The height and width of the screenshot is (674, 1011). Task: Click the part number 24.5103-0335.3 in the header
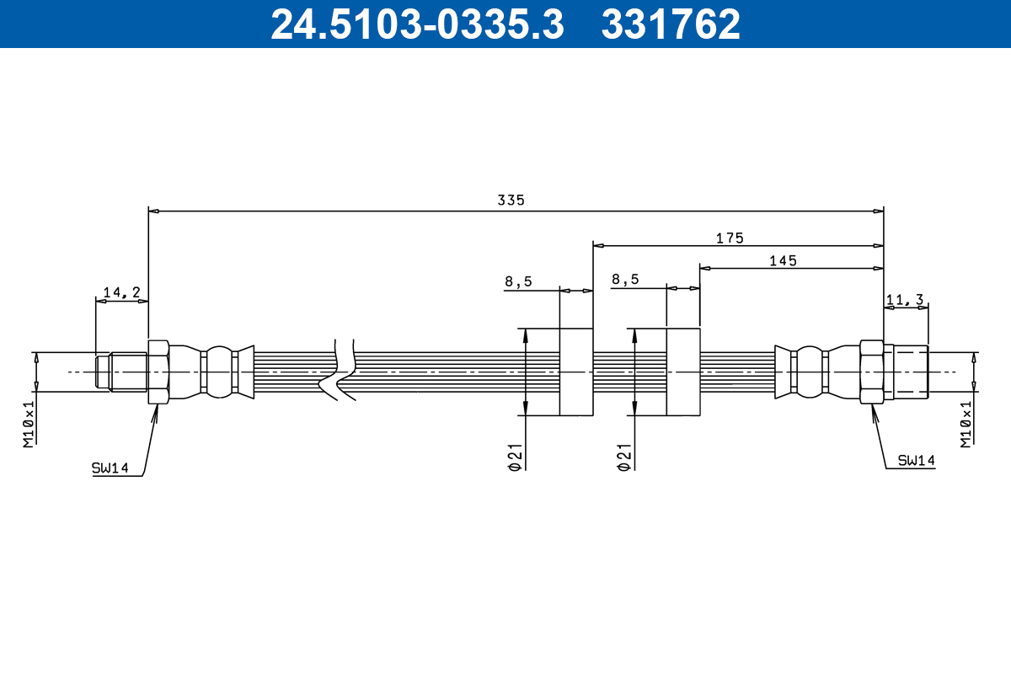pyautogui.click(x=416, y=24)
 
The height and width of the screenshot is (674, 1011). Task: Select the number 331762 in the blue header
pyautogui.click(x=671, y=24)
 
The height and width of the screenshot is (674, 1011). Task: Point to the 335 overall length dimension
pyautogui.click(x=511, y=201)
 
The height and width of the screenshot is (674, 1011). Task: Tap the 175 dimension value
pyautogui.click(x=730, y=238)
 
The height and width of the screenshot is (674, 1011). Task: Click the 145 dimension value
pyautogui.click(x=783, y=260)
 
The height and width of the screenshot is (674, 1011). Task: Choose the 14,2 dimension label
pyautogui.click(x=121, y=292)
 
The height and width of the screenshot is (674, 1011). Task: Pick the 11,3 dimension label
pyautogui.click(x=906, y=299)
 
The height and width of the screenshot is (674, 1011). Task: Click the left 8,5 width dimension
pyautogui.click(x=518, y=281)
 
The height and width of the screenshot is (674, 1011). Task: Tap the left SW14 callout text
pyautogui.click(x=110, y=468)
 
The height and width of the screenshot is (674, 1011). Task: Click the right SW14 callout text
pyautogui.click(x=916, y=461)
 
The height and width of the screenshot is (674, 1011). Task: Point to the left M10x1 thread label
pyautogui.click(x=28, y=423)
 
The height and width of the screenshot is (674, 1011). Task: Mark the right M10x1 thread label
pyautogui.click(x=966, y=424)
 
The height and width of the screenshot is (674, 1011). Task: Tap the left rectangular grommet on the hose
pyautogui.click(x=576, y=372)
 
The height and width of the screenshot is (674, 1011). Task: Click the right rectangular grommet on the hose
pyautogui.click(x=683, y=372)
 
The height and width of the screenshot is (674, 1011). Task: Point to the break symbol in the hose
pyautogui.click(x=339, y=371)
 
